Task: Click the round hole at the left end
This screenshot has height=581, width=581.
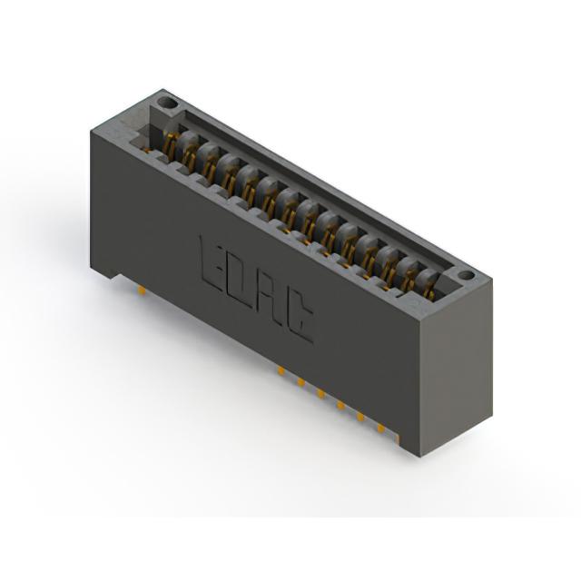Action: click(166, 103)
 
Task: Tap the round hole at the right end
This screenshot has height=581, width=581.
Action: click(466, 276)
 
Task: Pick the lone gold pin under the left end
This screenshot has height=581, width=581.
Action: click(142, 290)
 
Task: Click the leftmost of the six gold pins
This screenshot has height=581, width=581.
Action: click(281, 370)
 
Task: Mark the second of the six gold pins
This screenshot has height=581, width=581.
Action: click(300, 382)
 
